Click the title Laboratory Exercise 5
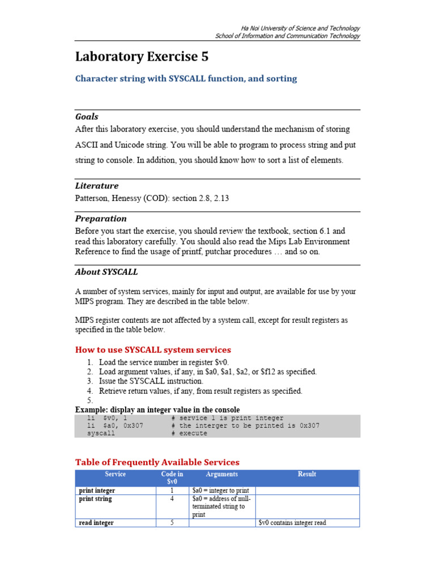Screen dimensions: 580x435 pyautogui.click(x=142, y=57)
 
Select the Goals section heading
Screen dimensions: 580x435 pyautogui.click(x=87, y=117)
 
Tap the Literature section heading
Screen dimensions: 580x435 pyautogui.click(x=97, y=186)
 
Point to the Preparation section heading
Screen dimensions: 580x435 pyautogui.click(x=101, y=219)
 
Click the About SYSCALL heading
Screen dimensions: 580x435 pyautogui.click(x=106, y=272)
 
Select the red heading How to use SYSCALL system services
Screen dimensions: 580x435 pyautogui.click(x=153, y=349)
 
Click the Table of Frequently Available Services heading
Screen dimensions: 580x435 pyautogui.click(x=157, y=462)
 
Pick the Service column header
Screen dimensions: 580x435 pyautogui.click(x=116, y=474)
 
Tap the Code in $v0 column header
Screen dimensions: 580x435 pyautogui.click(x=172, y=477)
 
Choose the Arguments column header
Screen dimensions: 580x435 pyautogui.click(x=222, y=474)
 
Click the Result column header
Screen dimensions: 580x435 pyautogui.click(x=307, y=474)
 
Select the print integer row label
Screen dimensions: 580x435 pyautogui.click(x=97, y=491)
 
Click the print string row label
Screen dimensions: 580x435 pyautogui.click(x=95, y=499)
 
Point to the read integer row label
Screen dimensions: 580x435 pyautogui.click(x=96, y=523)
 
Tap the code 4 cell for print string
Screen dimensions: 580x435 pyautogui.click(x=172, y=499)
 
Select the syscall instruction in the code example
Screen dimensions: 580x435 pyautogui.click(x=101, y=433)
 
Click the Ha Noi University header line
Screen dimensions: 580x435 pyautogui.click(x=300, y=28)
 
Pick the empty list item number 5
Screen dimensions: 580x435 pyautogui.click(x=89, y=400)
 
